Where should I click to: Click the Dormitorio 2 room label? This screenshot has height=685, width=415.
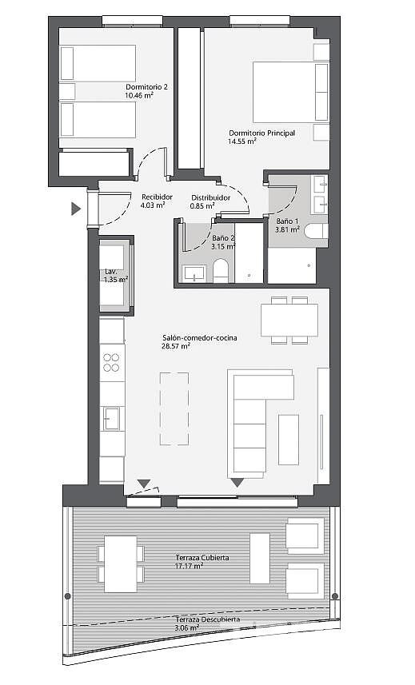click(146, 87)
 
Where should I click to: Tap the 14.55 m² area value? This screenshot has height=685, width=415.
click(242, 141)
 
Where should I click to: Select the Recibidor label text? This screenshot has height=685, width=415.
click(157, 197)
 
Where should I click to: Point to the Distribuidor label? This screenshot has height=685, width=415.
click(210, 197)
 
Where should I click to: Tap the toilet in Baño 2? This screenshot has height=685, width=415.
click(221, 270)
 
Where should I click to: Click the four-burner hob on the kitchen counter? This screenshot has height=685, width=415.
click(111, 362)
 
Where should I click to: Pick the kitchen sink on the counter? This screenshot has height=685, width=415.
click(111, 419)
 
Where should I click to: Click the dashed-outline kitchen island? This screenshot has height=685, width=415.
click(174, 408)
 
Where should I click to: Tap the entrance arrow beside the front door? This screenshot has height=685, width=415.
click(76, 209)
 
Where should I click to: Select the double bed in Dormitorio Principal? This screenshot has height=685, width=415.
click(290, 92)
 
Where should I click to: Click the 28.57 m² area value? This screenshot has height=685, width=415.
click(176, 346)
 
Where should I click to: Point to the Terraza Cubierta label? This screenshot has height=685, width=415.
click(202, 558)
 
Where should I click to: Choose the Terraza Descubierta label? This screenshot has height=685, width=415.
click(208, 619)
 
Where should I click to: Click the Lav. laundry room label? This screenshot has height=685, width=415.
click(110, 271)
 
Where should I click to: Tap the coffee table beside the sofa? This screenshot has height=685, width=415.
click(289, 440)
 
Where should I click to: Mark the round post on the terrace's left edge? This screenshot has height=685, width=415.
click(68, 596)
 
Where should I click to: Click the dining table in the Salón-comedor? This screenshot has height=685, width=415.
click(289, 321)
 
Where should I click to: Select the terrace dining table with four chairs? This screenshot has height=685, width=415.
click(121, 564)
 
